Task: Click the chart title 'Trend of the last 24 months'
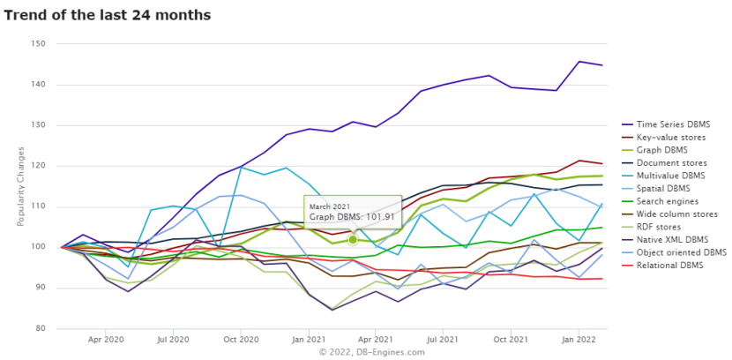108,15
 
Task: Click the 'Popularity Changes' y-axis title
19,186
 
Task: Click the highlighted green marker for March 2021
353,239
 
